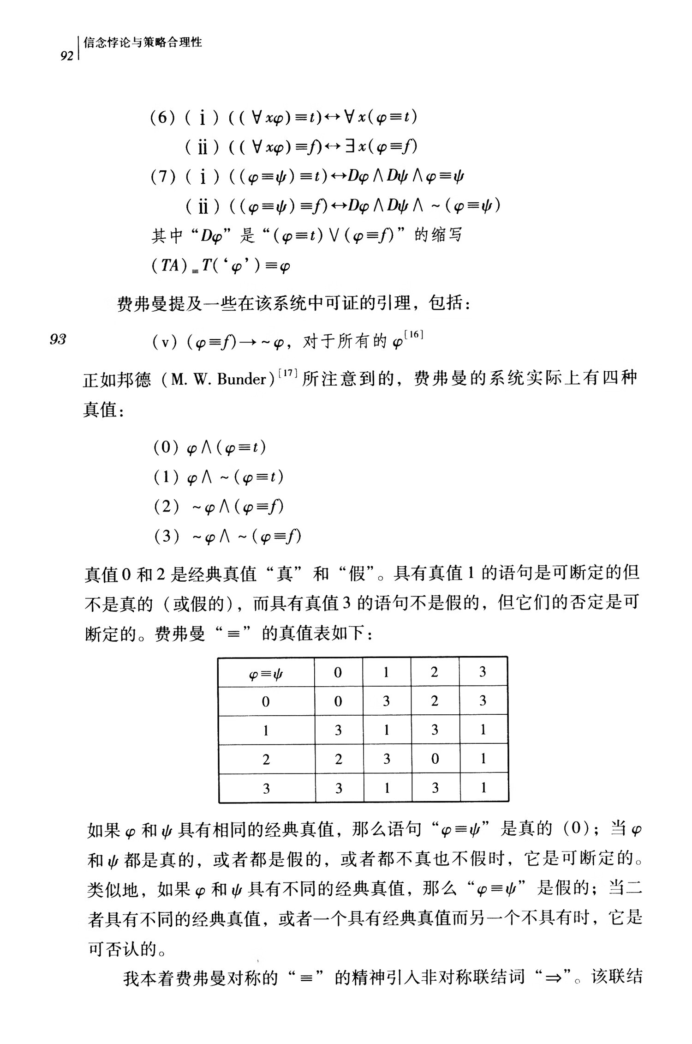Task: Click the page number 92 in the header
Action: coord(67,56)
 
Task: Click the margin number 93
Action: coord(58,339)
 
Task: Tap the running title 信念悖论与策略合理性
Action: coord(143,42)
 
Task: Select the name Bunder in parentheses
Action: coord(242,379)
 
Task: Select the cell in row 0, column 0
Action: coord(338,701)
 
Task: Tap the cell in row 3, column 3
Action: coord(483,788)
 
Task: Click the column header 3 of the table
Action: coord(483,672)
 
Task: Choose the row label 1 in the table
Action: coord(266,730)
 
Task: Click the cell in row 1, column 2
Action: coord(435,730)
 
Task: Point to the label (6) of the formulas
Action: coord(163,117)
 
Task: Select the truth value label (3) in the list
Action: coord(166,536)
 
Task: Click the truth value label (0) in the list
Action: coord(166,447)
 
